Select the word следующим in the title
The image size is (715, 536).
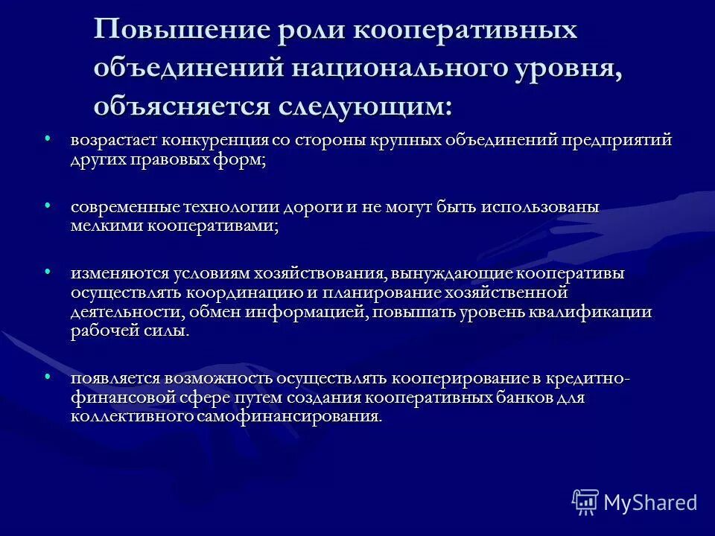[365, 105]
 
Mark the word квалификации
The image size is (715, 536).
[596, 312]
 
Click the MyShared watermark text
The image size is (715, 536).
[650, 502]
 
